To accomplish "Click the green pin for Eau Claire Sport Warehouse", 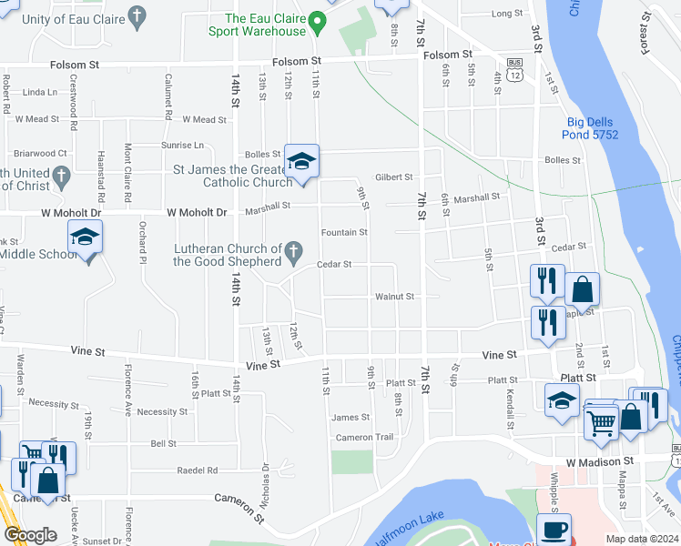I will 317,20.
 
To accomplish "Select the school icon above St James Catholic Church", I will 301,162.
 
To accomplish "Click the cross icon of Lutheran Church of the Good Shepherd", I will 294,249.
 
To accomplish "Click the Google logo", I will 30,534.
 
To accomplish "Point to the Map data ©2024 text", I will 641,539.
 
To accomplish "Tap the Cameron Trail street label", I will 364,438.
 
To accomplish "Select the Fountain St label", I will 344,233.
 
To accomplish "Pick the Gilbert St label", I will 394,177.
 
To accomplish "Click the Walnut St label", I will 394,297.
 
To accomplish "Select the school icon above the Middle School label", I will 86,238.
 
